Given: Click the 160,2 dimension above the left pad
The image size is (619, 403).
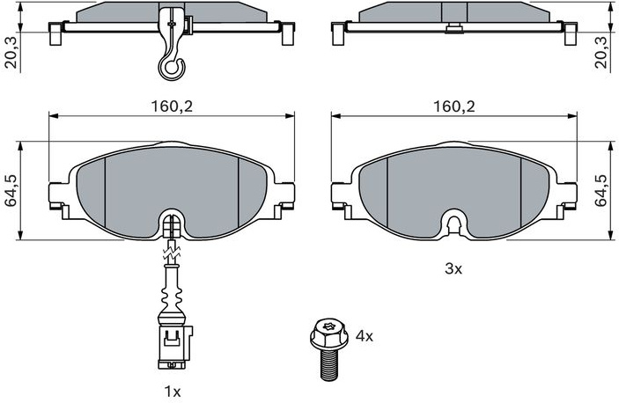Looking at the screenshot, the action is click(172, 106).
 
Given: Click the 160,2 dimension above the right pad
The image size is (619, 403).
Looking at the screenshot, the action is click(454, 106).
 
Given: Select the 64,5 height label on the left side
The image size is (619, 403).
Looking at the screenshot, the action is click(11, 191).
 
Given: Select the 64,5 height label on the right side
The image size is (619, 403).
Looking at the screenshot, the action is click(602, 191).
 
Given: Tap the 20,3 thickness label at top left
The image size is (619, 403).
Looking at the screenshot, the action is click(11, 53).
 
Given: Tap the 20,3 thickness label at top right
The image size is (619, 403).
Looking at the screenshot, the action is click(602, 53).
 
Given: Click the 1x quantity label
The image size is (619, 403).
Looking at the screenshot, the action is click(172, 392).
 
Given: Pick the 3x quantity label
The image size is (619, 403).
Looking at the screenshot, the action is click(453, 269).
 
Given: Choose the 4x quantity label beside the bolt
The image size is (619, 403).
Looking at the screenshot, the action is click(364, 336).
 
